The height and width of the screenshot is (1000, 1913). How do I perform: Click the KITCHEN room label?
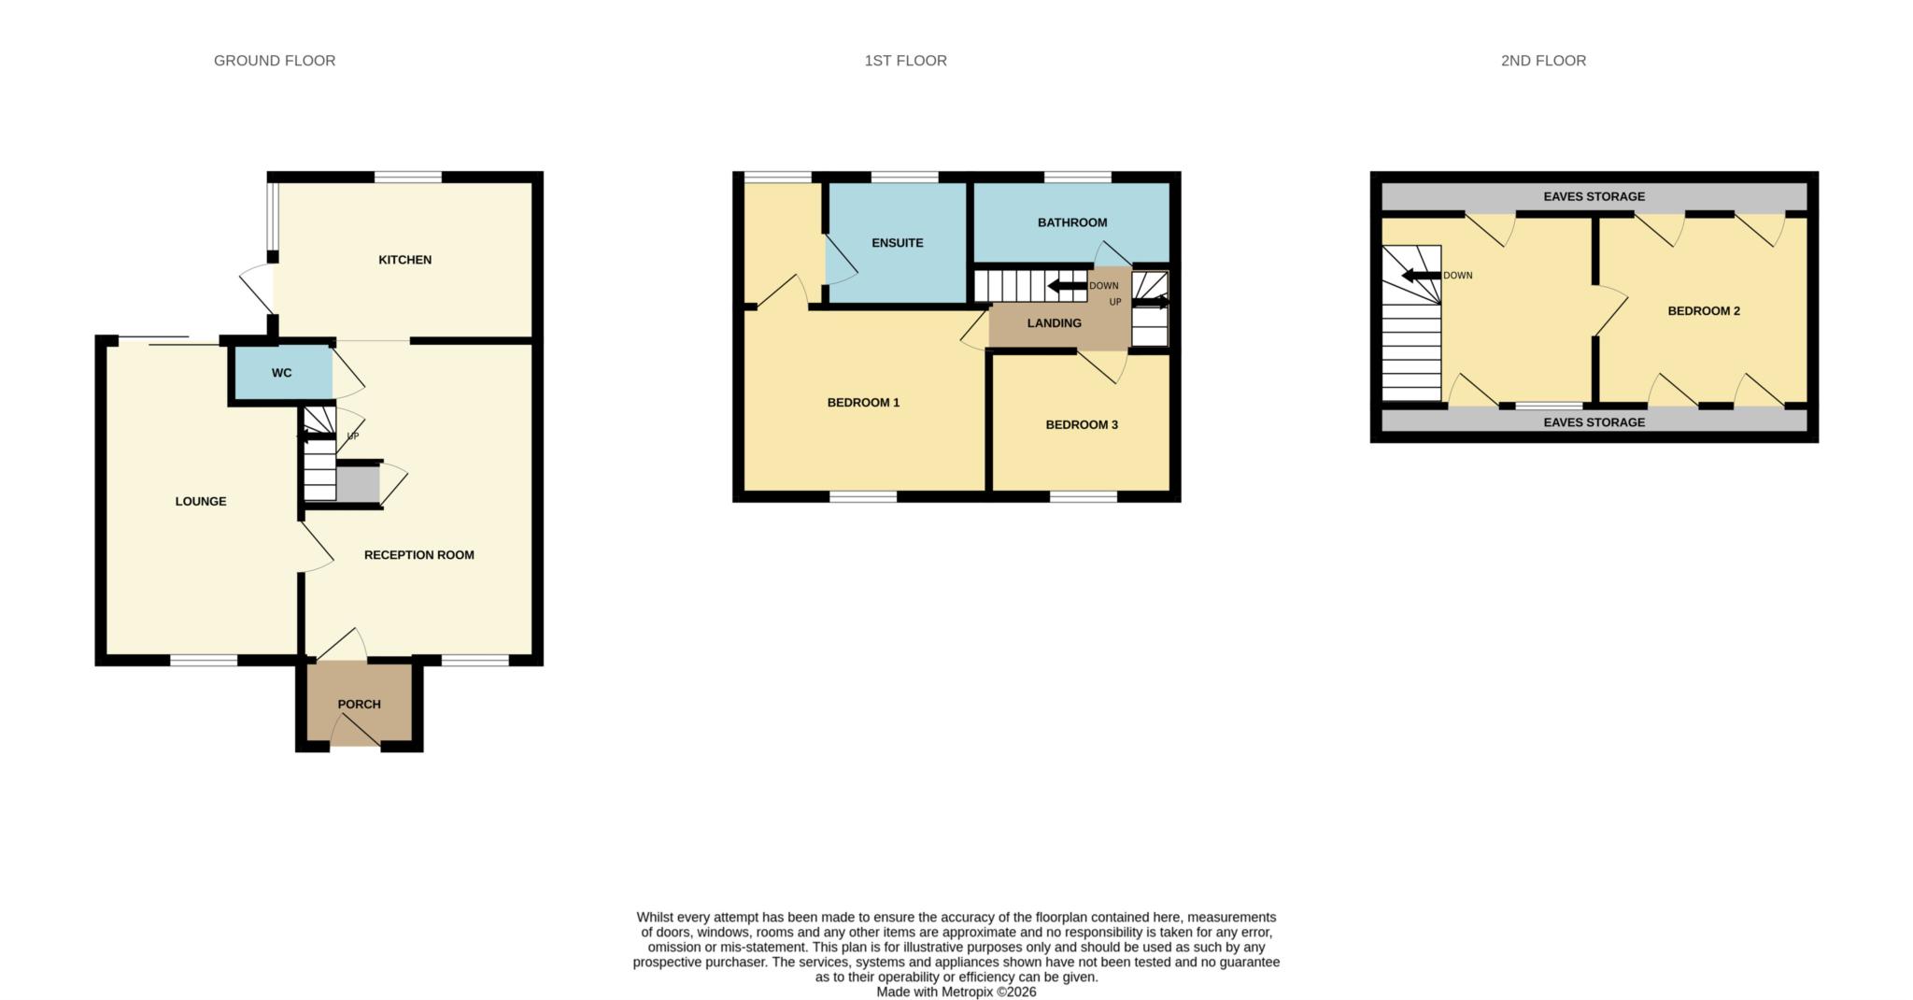(404, 260)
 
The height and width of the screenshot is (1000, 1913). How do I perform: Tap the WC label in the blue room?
(281, 373)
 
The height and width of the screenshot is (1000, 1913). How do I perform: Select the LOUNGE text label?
(201, 502)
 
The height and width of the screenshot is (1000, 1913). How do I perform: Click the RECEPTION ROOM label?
(418, 555)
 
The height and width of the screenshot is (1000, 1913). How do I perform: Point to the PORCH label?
(359, 705)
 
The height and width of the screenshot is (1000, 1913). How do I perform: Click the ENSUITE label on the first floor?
(897, 243)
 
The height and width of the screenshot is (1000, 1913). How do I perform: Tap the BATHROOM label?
(1071, 222)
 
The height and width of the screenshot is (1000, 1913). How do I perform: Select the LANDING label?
(1054, 323)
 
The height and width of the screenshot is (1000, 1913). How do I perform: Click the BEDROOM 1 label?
(863, 403)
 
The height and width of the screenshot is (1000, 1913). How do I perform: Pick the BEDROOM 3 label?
(1081, 425)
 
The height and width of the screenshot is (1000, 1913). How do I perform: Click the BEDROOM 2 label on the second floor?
(1704, 311)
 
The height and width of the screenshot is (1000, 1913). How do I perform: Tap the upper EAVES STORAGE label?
(1594, 197)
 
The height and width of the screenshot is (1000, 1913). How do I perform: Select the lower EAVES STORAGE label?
(1594, 422)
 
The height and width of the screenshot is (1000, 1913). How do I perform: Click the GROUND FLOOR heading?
(275, 61)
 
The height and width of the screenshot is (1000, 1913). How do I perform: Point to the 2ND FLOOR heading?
(1543, 61)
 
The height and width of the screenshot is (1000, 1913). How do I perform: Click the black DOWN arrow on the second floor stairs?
(1421, 276)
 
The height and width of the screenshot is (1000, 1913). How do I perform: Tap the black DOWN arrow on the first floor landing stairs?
(1067, 286)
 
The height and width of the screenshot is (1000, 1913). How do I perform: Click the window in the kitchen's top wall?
(408, 177)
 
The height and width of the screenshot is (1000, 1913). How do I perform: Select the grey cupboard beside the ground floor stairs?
(358, 485)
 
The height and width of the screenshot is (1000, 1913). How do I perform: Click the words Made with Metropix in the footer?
(934, 993)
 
